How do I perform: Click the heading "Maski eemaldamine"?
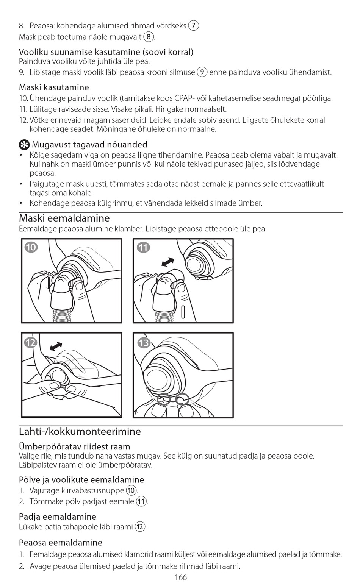click(x=64, y=218)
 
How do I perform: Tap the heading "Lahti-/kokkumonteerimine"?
click(x=80, y=431)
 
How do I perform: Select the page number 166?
click(x=181, y=577)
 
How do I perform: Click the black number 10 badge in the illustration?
click(x=31, y=247)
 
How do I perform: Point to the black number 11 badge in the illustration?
click(x=143, y=247)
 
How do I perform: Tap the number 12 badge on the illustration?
click(x=31, y=343)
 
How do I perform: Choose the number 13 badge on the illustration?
click(x=144, y=343)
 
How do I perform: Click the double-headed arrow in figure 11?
click(x=167, y=262)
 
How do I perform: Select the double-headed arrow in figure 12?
click(x=56, y=346)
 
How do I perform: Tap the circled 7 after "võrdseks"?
click(x=194, y=26)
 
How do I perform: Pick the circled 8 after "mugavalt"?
click(x=149, y=37)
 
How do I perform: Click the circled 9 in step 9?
click(x=202, y=72)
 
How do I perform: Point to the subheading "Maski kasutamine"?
click(x=54, y=87)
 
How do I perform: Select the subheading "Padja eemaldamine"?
click(x=57, y=516)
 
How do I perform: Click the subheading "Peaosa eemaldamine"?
click(x=60, y=542)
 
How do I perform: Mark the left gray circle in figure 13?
click(x=164, y=399)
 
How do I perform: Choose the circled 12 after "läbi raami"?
click(x=140, y=527)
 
